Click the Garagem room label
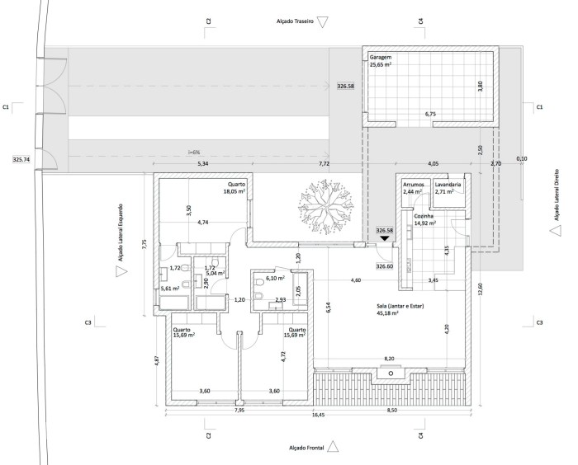tap(381, 56)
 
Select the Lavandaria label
tap(450, 184)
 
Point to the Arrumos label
tap(412, 184)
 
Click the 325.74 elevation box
tap(21, 160)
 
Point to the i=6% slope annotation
tap(194, 152)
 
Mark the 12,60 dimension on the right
tap(479, 287)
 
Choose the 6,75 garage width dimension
tap(429, 114)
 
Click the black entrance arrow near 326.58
tap(385, 240)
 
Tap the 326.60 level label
tap(384, 267)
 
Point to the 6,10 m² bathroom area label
tap(275, 279)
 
